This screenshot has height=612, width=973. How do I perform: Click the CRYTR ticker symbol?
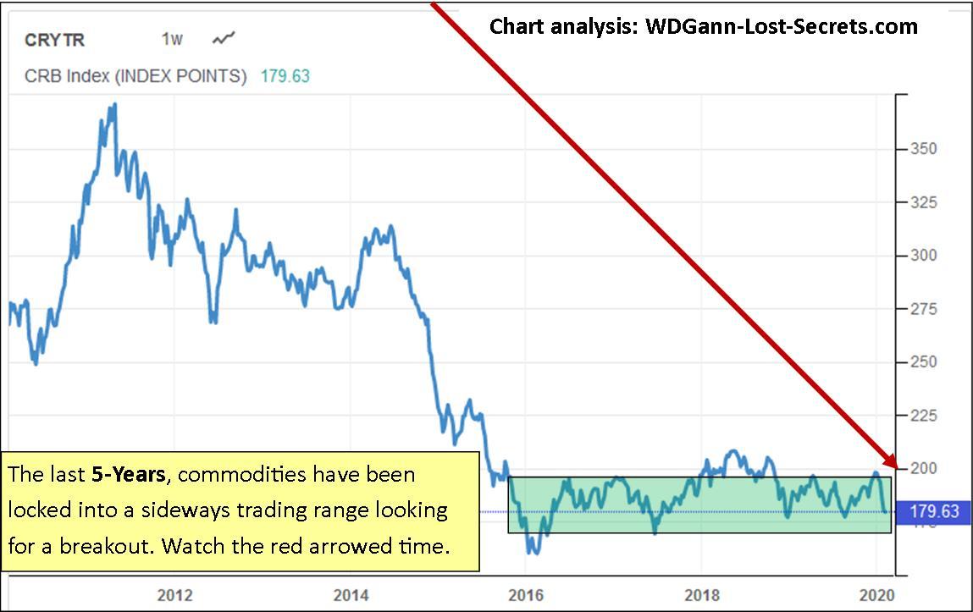(x=55, y=40)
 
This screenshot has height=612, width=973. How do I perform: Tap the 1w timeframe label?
(x=172, y=39)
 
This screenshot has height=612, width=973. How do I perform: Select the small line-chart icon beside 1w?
(x=224, y=38)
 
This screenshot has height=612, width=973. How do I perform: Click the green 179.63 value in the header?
(x=285, y=76)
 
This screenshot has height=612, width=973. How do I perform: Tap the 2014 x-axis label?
(x=351, y=594)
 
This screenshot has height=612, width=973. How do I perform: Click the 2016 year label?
(x=525, y=594)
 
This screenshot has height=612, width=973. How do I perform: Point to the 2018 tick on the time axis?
(x=701, y=594)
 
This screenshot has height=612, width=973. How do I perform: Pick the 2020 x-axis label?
(x=877, y=594)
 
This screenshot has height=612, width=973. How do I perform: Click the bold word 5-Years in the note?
(x=128, y=474)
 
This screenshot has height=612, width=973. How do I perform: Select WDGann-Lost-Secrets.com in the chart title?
(x=782, y=26)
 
